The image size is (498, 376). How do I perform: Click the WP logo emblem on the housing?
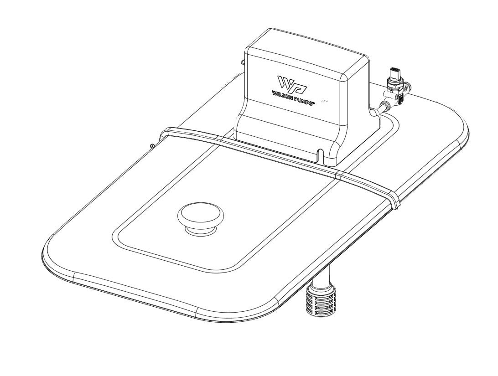[292, 83]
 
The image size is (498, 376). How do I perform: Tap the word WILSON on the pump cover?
[283, 95]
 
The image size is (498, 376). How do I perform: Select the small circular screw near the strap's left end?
[152, 146]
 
